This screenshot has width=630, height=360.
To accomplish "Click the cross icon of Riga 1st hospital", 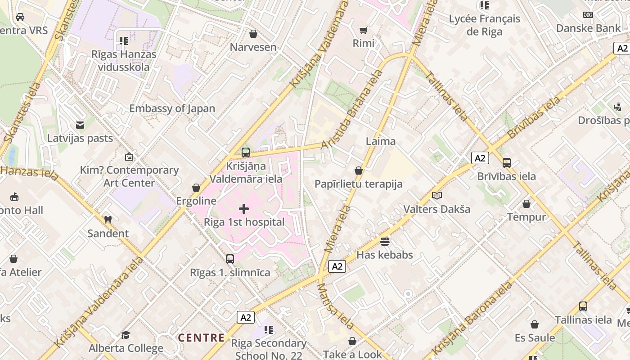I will (x=244, y=209).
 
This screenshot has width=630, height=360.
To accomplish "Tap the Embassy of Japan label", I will (x=172, y=108).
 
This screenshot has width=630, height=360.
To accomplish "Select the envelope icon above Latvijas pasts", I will (x=80, y=125).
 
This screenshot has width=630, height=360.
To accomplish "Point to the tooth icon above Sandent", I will (x=108, y=220).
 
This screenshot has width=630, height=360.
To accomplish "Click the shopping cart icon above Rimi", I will (x=363, y=30).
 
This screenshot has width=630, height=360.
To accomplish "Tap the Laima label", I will (x=381, y=141).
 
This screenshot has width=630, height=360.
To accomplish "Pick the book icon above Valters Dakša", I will (x=436, y=195).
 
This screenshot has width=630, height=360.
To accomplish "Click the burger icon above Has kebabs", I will (x=384, y=242).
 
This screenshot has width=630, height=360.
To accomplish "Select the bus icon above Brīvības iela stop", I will (x=507, y=163).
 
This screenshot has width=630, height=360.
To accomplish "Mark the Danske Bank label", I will (x=588, y=28).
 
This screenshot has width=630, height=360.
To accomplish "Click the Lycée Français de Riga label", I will (x=485, y=25).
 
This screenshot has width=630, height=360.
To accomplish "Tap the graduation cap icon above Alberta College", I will (x=126, y=335).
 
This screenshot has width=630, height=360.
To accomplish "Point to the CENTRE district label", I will (x=201, y=337).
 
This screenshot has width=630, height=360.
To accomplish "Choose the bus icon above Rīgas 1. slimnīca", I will (x=230, y=259).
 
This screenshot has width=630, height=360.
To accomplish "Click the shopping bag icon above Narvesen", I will (x=253, y=34).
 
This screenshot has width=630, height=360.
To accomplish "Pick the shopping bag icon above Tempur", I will (x=526, y=204).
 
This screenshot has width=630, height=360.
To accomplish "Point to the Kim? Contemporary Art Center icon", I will (x=129, y=157).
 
